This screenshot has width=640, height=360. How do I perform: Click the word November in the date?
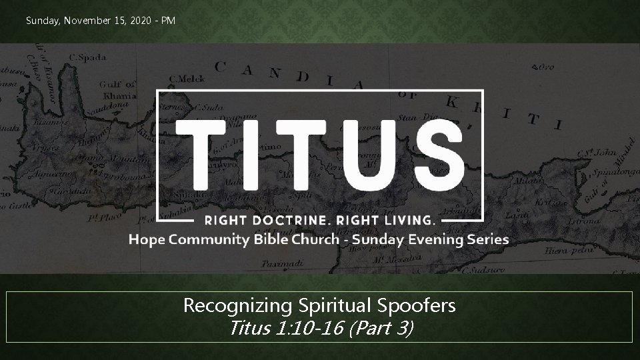83,21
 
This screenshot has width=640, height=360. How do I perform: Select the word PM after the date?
167,21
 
